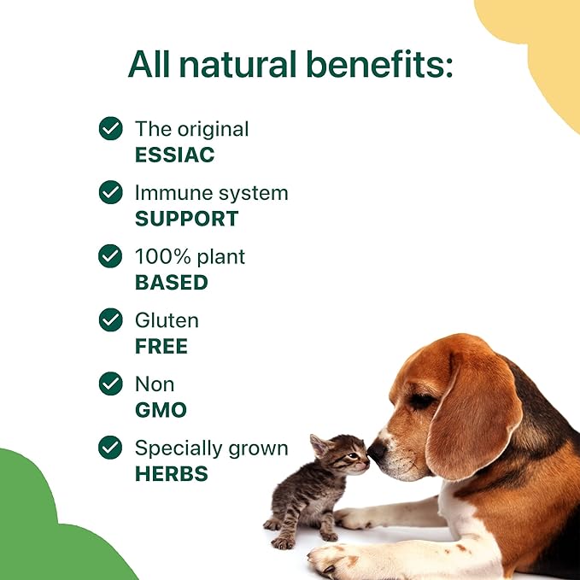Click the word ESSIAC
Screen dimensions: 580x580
[174, 155]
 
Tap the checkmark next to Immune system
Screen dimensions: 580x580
[110, 192]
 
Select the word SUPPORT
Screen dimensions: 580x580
[186, 218]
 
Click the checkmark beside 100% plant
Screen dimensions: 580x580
[110, 256]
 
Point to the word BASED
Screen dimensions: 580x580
[171, 282]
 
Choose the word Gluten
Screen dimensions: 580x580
[167, 320]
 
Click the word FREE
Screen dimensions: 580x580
[161, 346]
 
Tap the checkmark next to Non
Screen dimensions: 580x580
[110, 384]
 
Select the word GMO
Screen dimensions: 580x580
[160, 409]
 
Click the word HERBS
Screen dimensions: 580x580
[171, 473]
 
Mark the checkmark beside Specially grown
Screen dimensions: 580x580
[110, 448]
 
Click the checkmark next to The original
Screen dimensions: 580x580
[110, 129]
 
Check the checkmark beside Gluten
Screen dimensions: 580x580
[110, 320]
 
